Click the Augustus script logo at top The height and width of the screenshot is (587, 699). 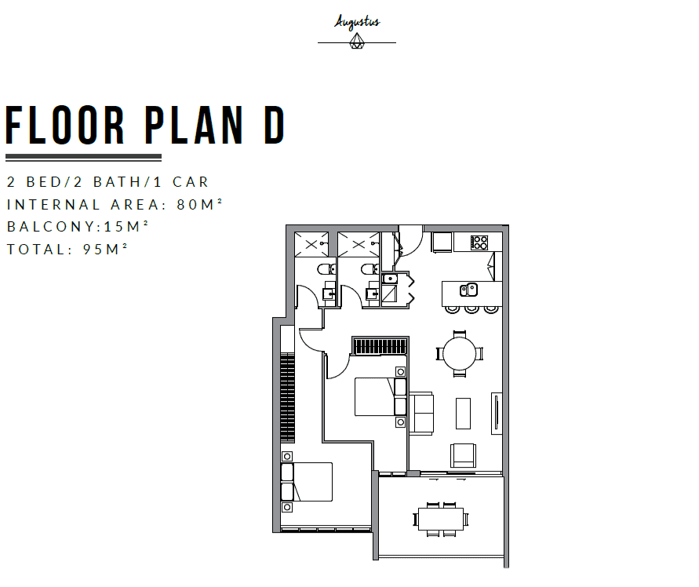point(357,22)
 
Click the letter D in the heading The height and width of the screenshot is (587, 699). point(274,126)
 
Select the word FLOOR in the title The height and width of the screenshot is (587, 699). point(65,126)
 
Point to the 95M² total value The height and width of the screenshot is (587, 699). point(105,249)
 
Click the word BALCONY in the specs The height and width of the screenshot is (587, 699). point(51,227)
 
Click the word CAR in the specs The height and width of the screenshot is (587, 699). point(191,182)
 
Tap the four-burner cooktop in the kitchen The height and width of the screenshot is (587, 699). point(479,242)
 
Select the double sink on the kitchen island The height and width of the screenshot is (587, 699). point(468,290)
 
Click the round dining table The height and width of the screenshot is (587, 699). point(460,353)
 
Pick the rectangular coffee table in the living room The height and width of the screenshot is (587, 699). point(463,414)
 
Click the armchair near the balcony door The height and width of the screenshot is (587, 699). point(463,455)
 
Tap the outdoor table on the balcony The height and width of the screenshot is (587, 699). point(440,520)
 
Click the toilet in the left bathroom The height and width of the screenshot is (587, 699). point(326,269)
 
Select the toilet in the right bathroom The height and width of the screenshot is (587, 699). point(370,269)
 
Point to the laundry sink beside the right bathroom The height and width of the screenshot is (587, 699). point(390,279)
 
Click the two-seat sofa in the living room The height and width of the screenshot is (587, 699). point(421,414)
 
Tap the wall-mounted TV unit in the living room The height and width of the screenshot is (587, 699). point(497,414)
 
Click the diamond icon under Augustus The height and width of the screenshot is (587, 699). point(357,42)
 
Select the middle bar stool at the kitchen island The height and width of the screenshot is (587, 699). point(471,309)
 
